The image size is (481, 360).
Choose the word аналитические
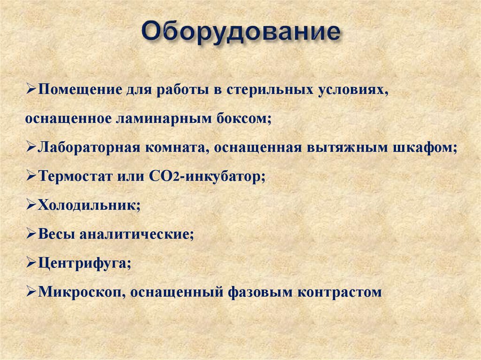pos(136,234)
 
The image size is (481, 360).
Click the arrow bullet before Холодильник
pos(31,205)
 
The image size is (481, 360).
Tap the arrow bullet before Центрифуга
pos(31,263)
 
